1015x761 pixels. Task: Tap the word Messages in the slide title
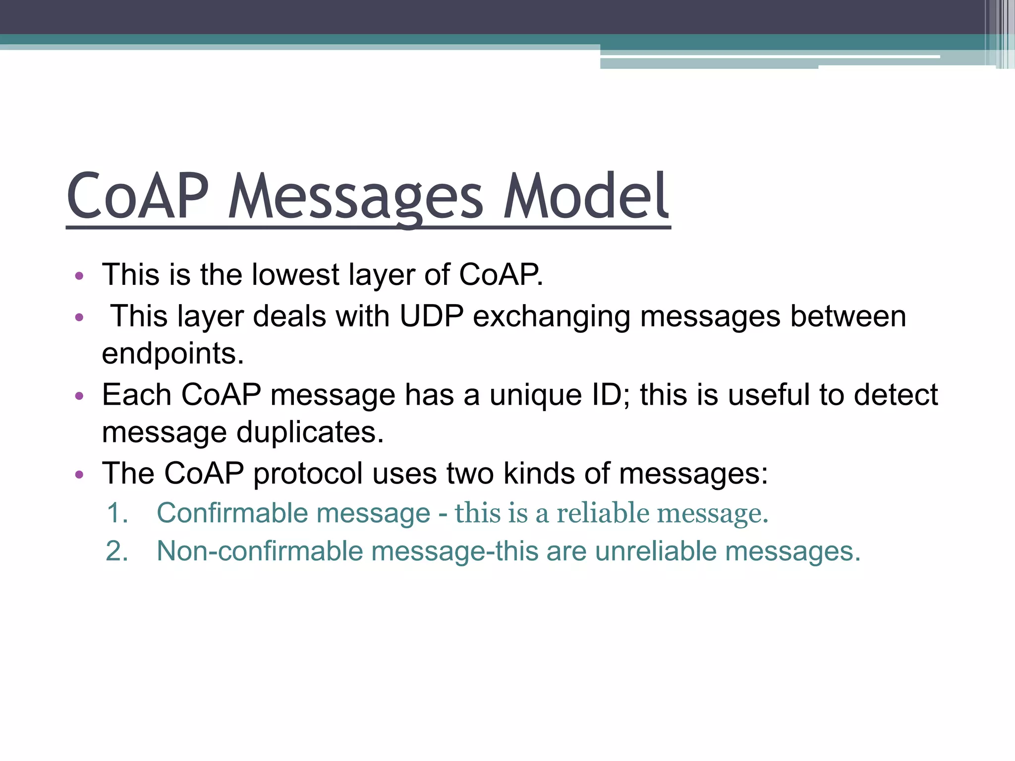(x=355, y=197)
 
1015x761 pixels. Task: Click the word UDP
(x=431, y=316)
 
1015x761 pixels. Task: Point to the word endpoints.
(x=173, y=354)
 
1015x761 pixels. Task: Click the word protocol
(x=308, y=473)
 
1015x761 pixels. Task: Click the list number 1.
(x=117, y=513)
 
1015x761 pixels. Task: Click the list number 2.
(x=117, y=551)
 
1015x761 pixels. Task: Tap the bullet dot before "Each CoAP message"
(x=79, y=396)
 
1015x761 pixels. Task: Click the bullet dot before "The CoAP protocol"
(x=79, y=475)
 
